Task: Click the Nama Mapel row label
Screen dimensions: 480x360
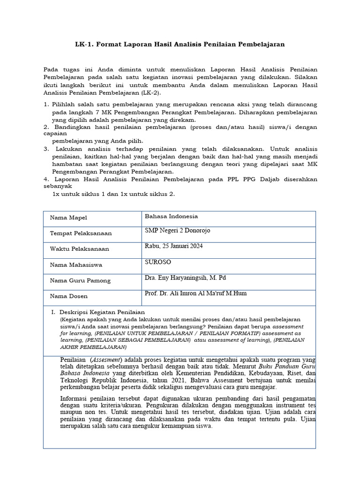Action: (x=68, y=218)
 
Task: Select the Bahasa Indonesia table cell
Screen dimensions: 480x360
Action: (x=172, y=217)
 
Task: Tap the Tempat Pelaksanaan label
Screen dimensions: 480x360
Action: (x=81, y=233)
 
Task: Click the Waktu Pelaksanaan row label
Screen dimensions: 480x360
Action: (x=79, y=249)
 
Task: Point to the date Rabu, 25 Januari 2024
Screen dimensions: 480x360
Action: (x=174, y=246)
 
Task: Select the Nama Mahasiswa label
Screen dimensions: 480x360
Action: (x=76, y=265)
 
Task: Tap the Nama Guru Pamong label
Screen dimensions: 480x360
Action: (x=80, y=281)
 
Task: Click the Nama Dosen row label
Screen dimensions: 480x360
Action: (x=68, y=296)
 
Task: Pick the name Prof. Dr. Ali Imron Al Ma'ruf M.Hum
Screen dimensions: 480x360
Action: (x=196, y=293)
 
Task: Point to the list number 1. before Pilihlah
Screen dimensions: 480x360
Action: (x=46, y=104)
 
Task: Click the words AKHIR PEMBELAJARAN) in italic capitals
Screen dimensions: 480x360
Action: (x=93, y=347)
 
